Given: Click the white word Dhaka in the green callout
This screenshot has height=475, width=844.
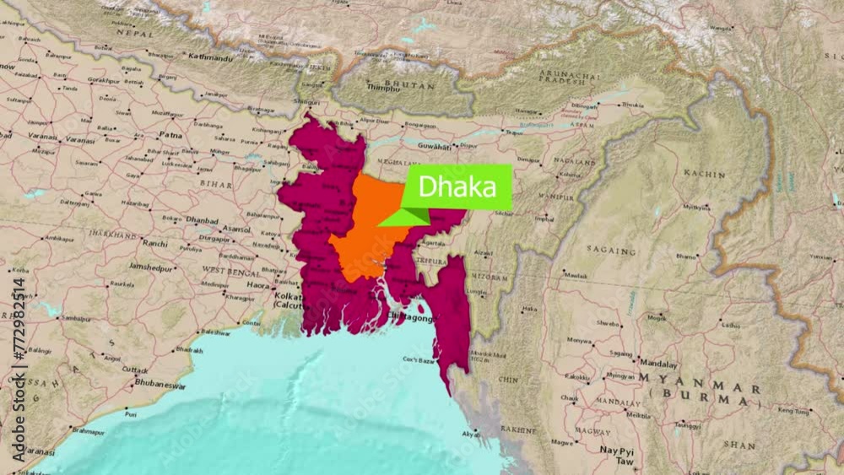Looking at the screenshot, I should [x=457, y=186].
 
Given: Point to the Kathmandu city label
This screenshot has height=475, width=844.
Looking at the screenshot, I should [x=209, y=58].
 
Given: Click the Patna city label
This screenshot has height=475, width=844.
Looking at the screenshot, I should [x=170, y=134].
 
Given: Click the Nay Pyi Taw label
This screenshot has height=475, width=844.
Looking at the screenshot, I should [x=617, y=456].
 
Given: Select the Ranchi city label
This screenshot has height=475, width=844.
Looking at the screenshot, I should [x=156, y=243].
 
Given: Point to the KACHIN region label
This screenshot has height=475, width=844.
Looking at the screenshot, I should [x=704, y=174].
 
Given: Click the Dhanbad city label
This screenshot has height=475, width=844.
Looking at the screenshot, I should [x=203, y=219].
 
